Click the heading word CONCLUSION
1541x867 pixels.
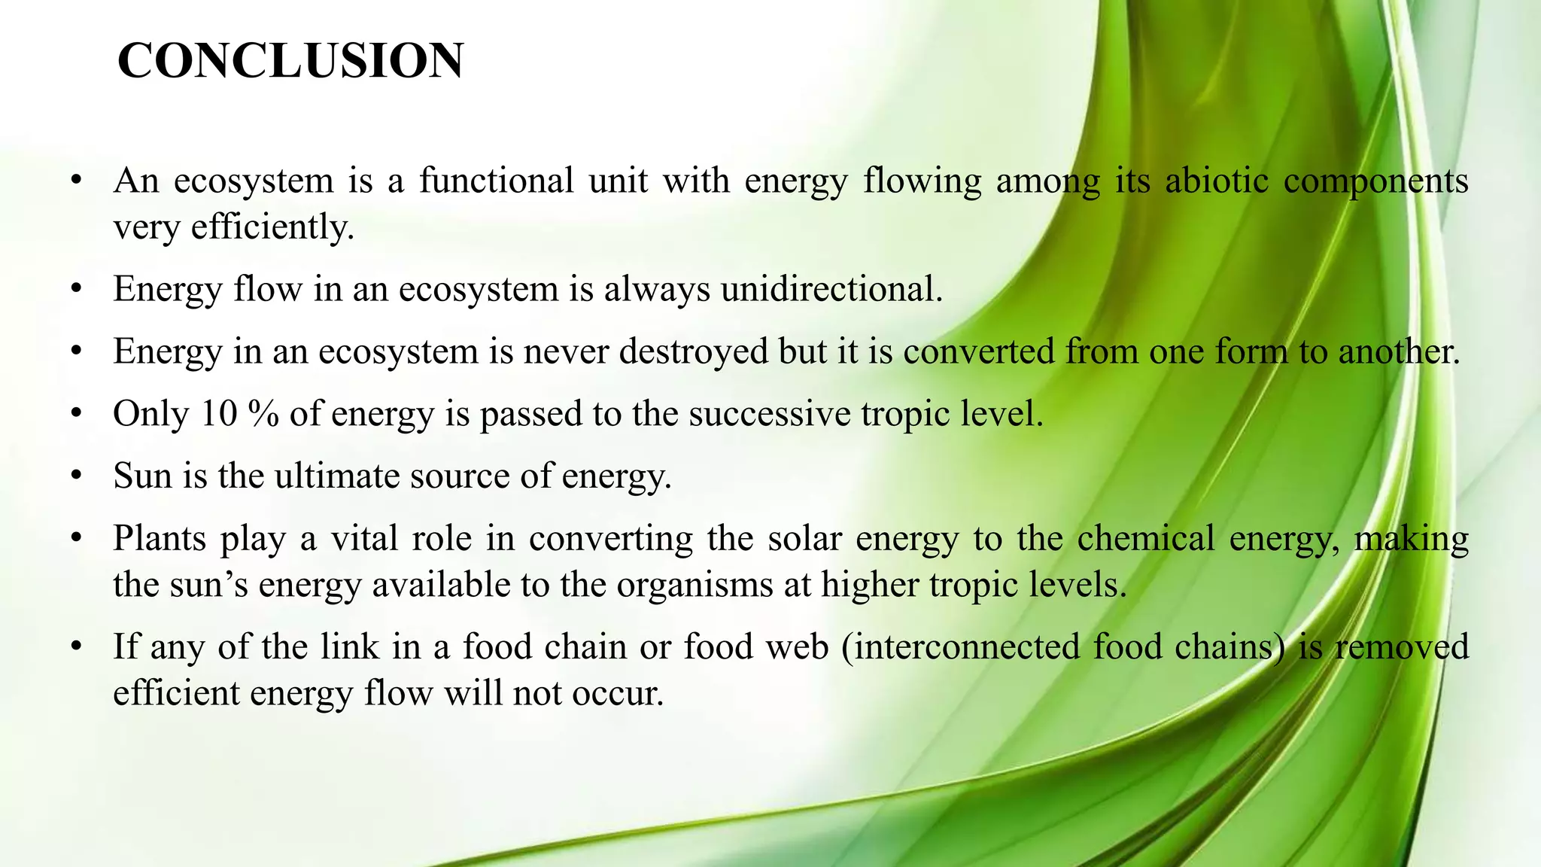[290, 61]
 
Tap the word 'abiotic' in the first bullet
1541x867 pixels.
[1216, 181]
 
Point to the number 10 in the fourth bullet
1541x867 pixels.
[219, 414]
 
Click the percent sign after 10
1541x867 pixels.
[263, 414]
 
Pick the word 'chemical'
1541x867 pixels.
[1145, 539]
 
